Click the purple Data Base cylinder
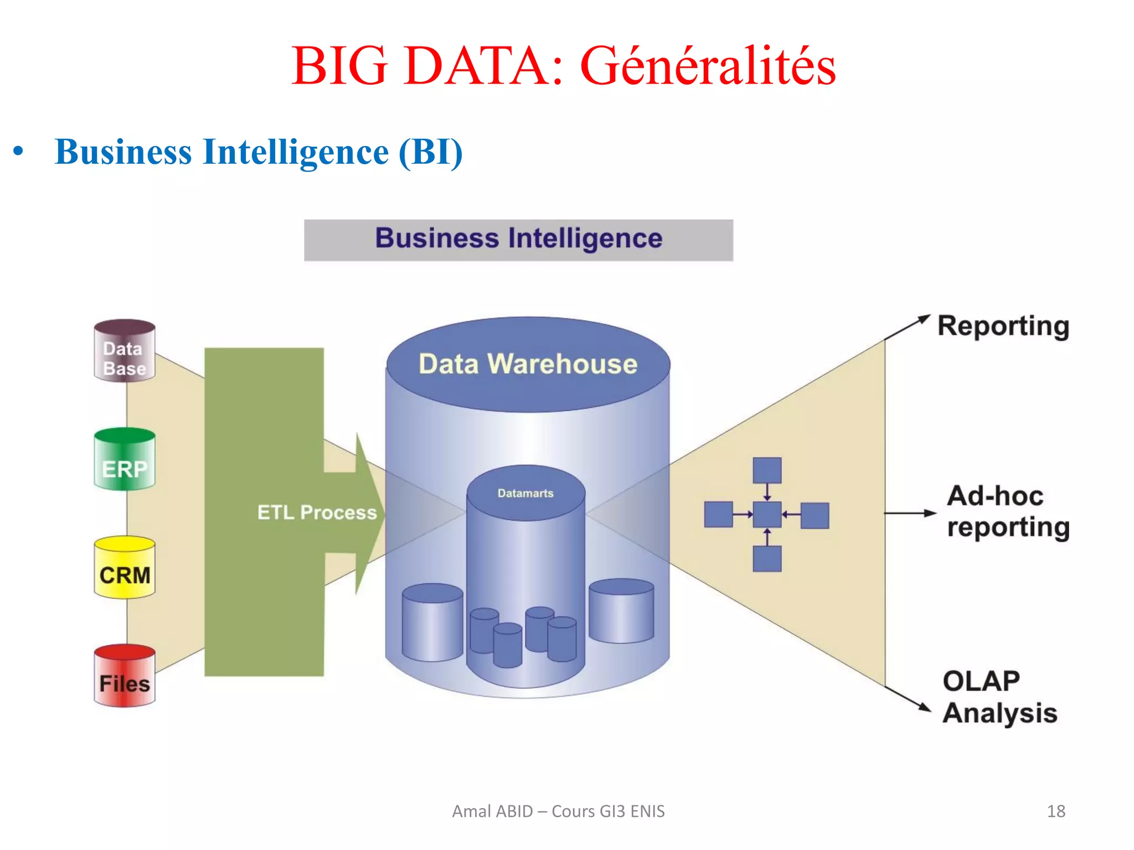125,351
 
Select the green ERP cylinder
125,460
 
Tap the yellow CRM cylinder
125,568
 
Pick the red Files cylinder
125,676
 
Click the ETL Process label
317,512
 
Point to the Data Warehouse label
528,364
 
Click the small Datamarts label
525,493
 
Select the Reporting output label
1003,326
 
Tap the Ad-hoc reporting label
1008,511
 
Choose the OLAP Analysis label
999,697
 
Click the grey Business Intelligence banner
518,240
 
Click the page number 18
1056,811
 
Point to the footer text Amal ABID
492,811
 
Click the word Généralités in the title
708,66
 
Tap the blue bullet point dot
18,151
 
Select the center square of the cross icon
767,515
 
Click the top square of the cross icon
767,470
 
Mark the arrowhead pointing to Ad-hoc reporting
930,513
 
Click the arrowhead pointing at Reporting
924,319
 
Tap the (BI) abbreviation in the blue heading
430,152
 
